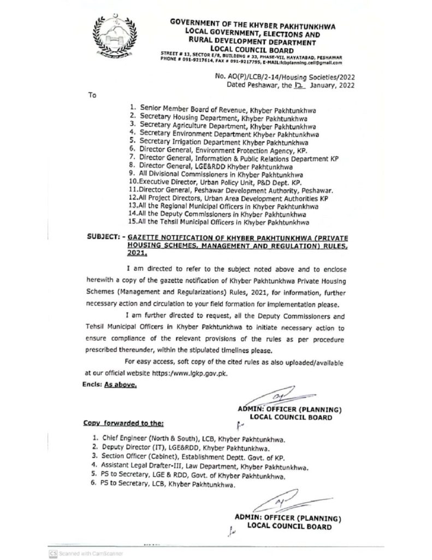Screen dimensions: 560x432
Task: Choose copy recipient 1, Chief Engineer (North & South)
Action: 188,439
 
